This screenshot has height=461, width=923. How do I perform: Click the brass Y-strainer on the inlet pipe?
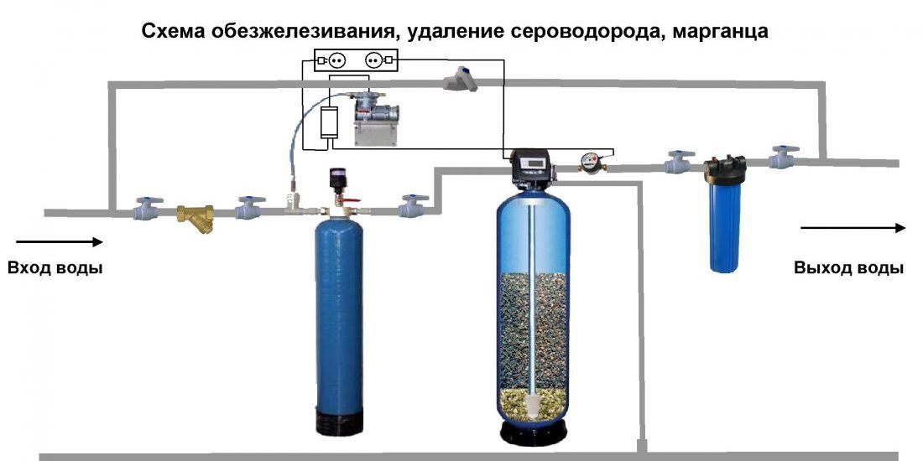(199, 217)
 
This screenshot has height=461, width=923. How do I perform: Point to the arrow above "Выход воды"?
(853, 228)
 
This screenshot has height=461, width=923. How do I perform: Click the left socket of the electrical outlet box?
(336, 60)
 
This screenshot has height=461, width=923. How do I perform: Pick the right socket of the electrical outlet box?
(374, 60)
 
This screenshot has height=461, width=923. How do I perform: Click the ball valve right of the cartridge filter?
(785, 158)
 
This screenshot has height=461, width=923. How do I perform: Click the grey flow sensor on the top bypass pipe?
(461, 80)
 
